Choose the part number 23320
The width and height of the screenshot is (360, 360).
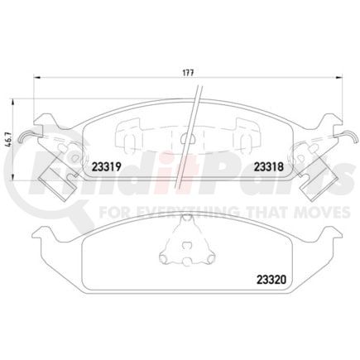point(257,277)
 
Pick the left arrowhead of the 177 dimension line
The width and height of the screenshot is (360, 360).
point(35,79)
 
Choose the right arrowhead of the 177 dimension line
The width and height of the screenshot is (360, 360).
point(336,79)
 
